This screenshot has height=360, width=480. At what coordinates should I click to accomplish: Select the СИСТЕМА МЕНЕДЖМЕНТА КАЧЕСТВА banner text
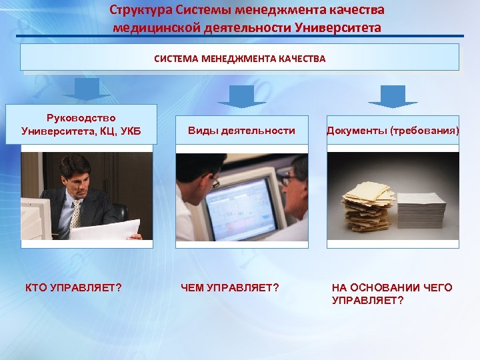(239, 59)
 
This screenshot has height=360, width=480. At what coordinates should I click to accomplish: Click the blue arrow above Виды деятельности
(241, 95)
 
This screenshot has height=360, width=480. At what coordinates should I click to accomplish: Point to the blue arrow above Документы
(393, 95)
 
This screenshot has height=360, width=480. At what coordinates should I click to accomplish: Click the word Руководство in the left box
(81, 117)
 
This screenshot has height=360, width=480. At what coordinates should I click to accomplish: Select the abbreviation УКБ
(127, 130)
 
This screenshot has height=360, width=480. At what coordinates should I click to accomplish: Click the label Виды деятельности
(241, 131)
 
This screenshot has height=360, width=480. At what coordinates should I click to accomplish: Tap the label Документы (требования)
(393, 131)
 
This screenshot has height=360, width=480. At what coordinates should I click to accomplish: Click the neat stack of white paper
(421, 210)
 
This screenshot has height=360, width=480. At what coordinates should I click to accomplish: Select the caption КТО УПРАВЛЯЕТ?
(73, 288)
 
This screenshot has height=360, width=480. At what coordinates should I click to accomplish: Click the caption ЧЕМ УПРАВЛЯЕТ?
(230, 288)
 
